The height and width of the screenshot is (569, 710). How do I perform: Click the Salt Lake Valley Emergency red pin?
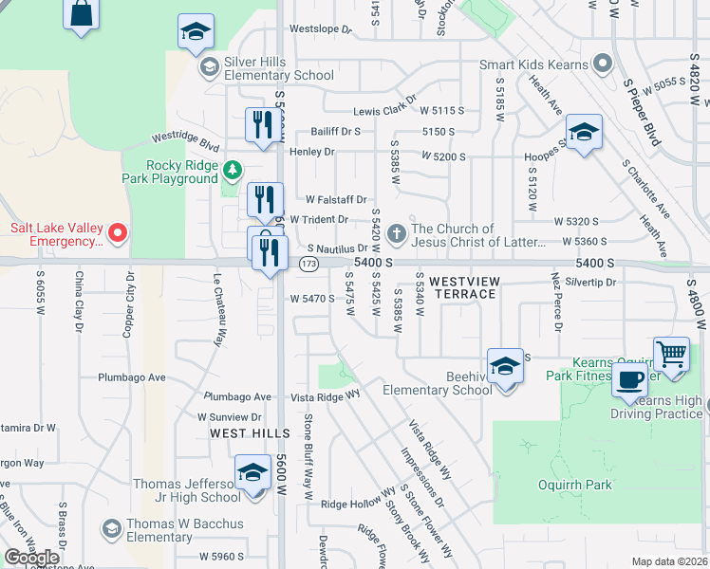tap(117, 232)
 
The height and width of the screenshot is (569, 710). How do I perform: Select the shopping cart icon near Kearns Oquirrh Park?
tap(671, 355)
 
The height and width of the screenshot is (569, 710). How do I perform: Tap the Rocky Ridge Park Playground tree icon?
tap(232, 170)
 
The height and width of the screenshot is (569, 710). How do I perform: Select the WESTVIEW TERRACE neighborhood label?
tap(462, 287)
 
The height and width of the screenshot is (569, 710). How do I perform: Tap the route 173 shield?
tap(308, 263)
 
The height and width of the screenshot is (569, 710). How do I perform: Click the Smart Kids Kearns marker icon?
tap(601, 64)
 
